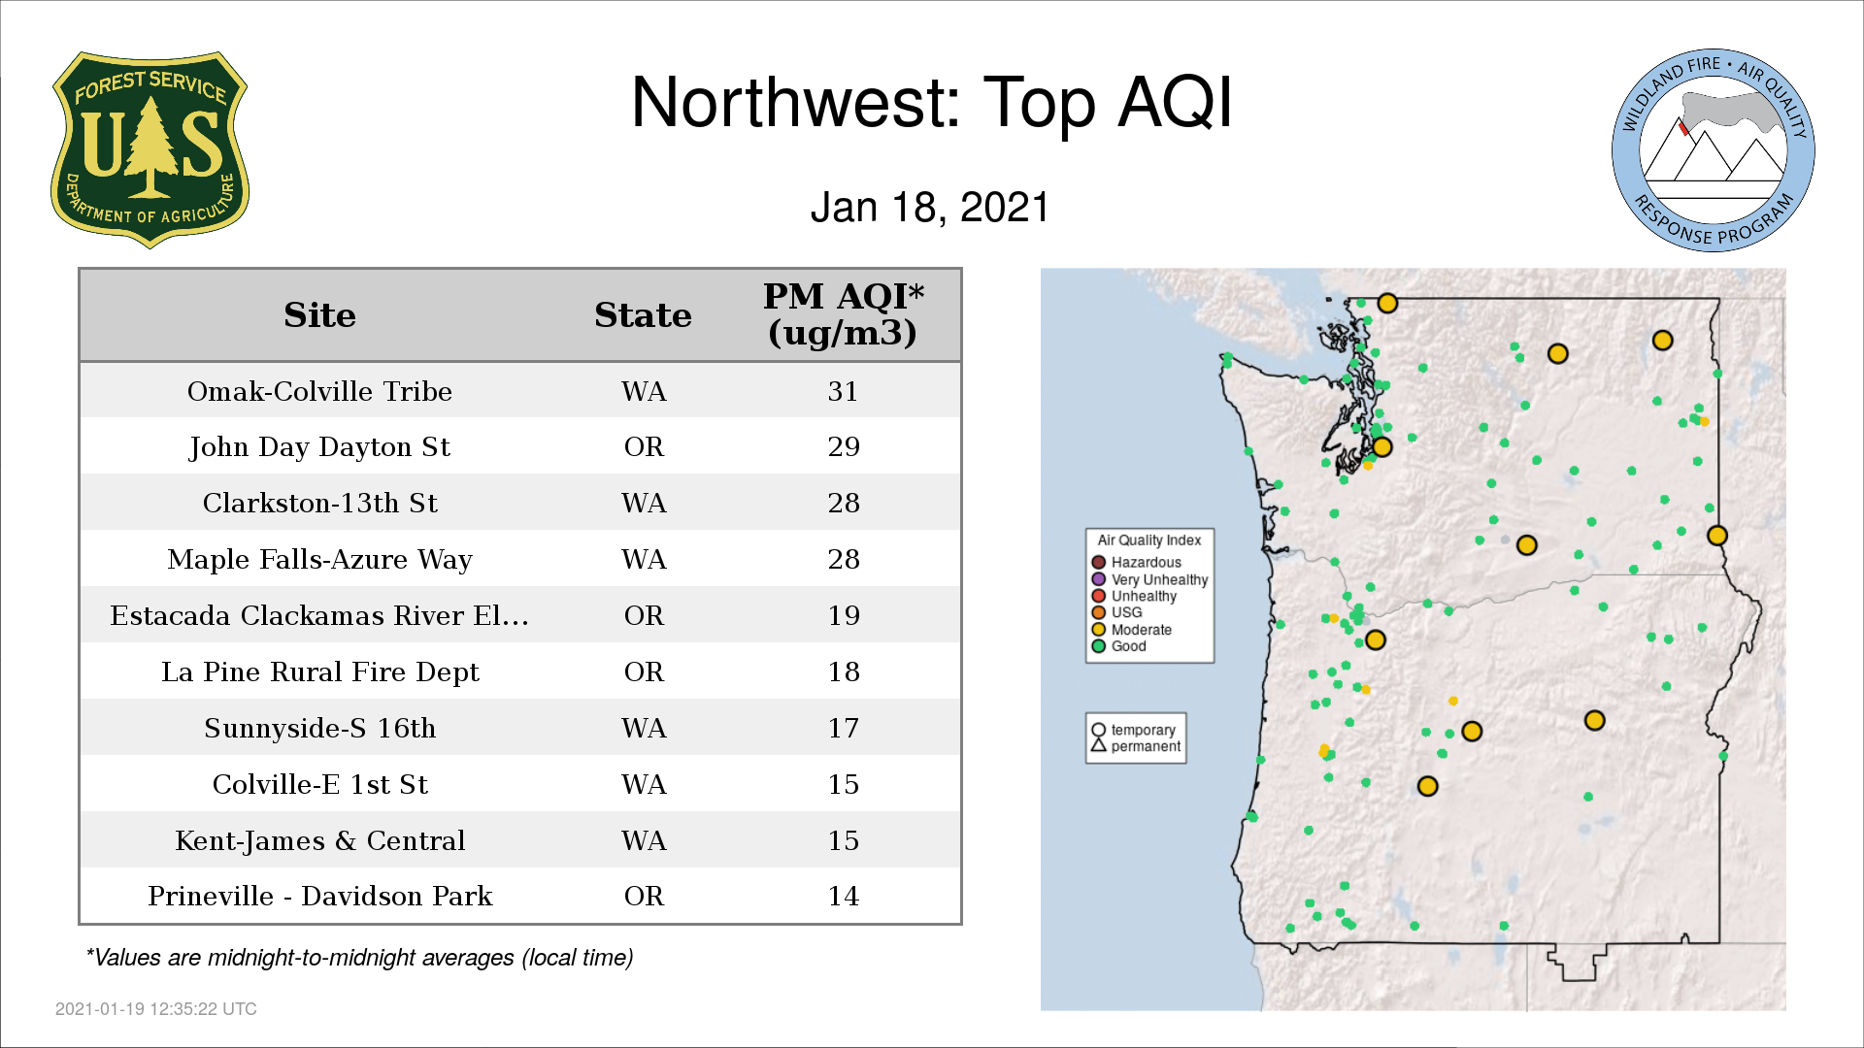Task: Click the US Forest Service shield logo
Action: tap(150, 150)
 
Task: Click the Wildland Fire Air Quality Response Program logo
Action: tap(1714, 150)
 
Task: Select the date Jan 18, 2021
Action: tap(930, 208)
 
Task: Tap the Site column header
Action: tap(319, 315)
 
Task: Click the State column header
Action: tap(643, 315)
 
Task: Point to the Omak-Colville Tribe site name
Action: tap(319, 391)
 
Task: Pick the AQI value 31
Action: tap(843, 391)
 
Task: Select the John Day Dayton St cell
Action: tap(319, 447)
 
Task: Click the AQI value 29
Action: tap(844, 447)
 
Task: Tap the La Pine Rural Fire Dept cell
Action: tap(319, 672)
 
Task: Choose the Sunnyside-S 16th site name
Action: tap(319, 729)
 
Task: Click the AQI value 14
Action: tap(843, 897)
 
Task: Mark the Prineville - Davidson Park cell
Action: tap(319, 897)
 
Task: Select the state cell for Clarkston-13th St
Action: tap(644, 504)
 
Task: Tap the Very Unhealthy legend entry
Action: tap(1149, 579)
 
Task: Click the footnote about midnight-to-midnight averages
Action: tap(359, 959)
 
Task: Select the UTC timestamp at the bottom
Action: tap(155, 1009)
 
